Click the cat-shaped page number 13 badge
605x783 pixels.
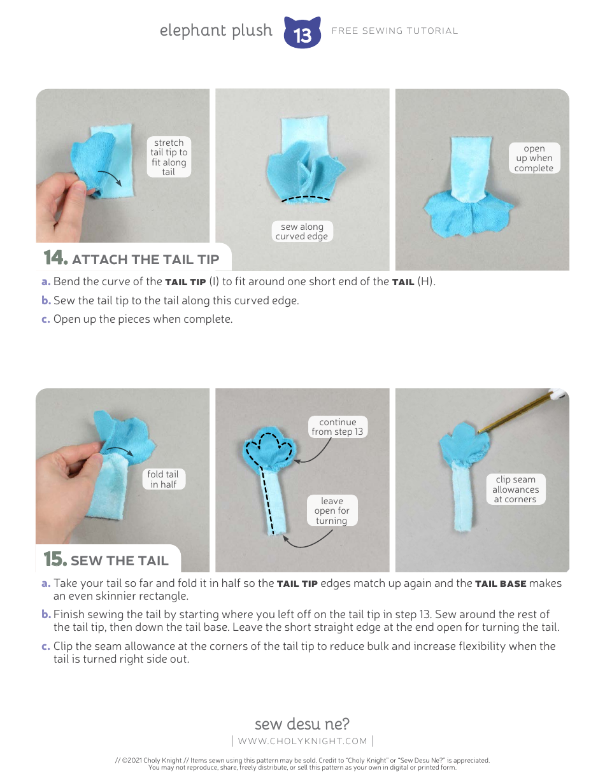[302, 33]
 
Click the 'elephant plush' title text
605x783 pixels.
[216, 31]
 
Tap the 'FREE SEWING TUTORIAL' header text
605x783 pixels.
[394, 31]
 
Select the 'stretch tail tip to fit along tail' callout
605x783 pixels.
[169, 157]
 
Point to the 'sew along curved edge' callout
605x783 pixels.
[302, 232]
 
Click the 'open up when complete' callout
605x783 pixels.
[534, 159]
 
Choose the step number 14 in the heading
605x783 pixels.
[55, 258]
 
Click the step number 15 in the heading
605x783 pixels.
[55, 559]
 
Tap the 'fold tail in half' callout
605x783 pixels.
[163, 479]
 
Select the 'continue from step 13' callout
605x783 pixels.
[338, 427]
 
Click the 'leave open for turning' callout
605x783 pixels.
[332, 511]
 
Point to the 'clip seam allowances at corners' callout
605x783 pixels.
[515, 490]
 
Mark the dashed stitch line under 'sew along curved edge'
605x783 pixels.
[306, 199]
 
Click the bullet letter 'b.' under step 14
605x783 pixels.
[46, 300]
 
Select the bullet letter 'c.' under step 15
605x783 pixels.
[46, 647]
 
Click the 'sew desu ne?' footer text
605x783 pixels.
[302, 724]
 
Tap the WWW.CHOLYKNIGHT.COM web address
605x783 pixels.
[302, 741]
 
